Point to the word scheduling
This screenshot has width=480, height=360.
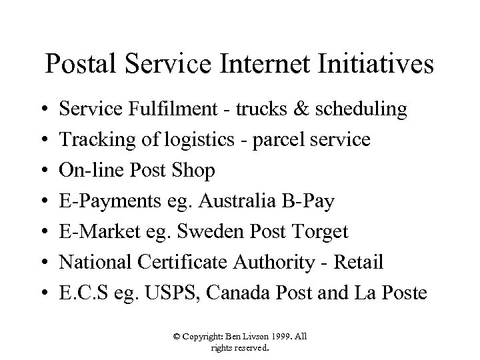pos(357,110)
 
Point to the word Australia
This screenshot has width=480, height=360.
pos(229,201)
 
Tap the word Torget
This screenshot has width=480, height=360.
pos(320,232)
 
